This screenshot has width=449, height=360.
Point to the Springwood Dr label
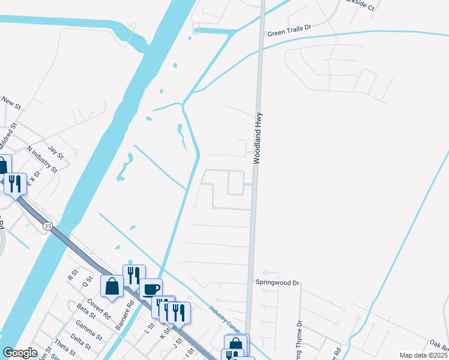(277, 282)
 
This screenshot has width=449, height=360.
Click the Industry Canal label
(224, 319)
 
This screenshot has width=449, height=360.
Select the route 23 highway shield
(48, 225)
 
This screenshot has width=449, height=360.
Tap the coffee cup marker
(151, 289)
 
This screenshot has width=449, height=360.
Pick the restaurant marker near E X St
(15, 183)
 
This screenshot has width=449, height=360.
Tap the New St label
(11, 103)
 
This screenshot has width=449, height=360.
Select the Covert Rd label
(99, 308)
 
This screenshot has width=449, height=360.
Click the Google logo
(20, 352)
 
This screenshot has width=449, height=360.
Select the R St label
(73, 275)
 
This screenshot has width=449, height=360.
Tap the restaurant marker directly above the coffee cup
(134, 275)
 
